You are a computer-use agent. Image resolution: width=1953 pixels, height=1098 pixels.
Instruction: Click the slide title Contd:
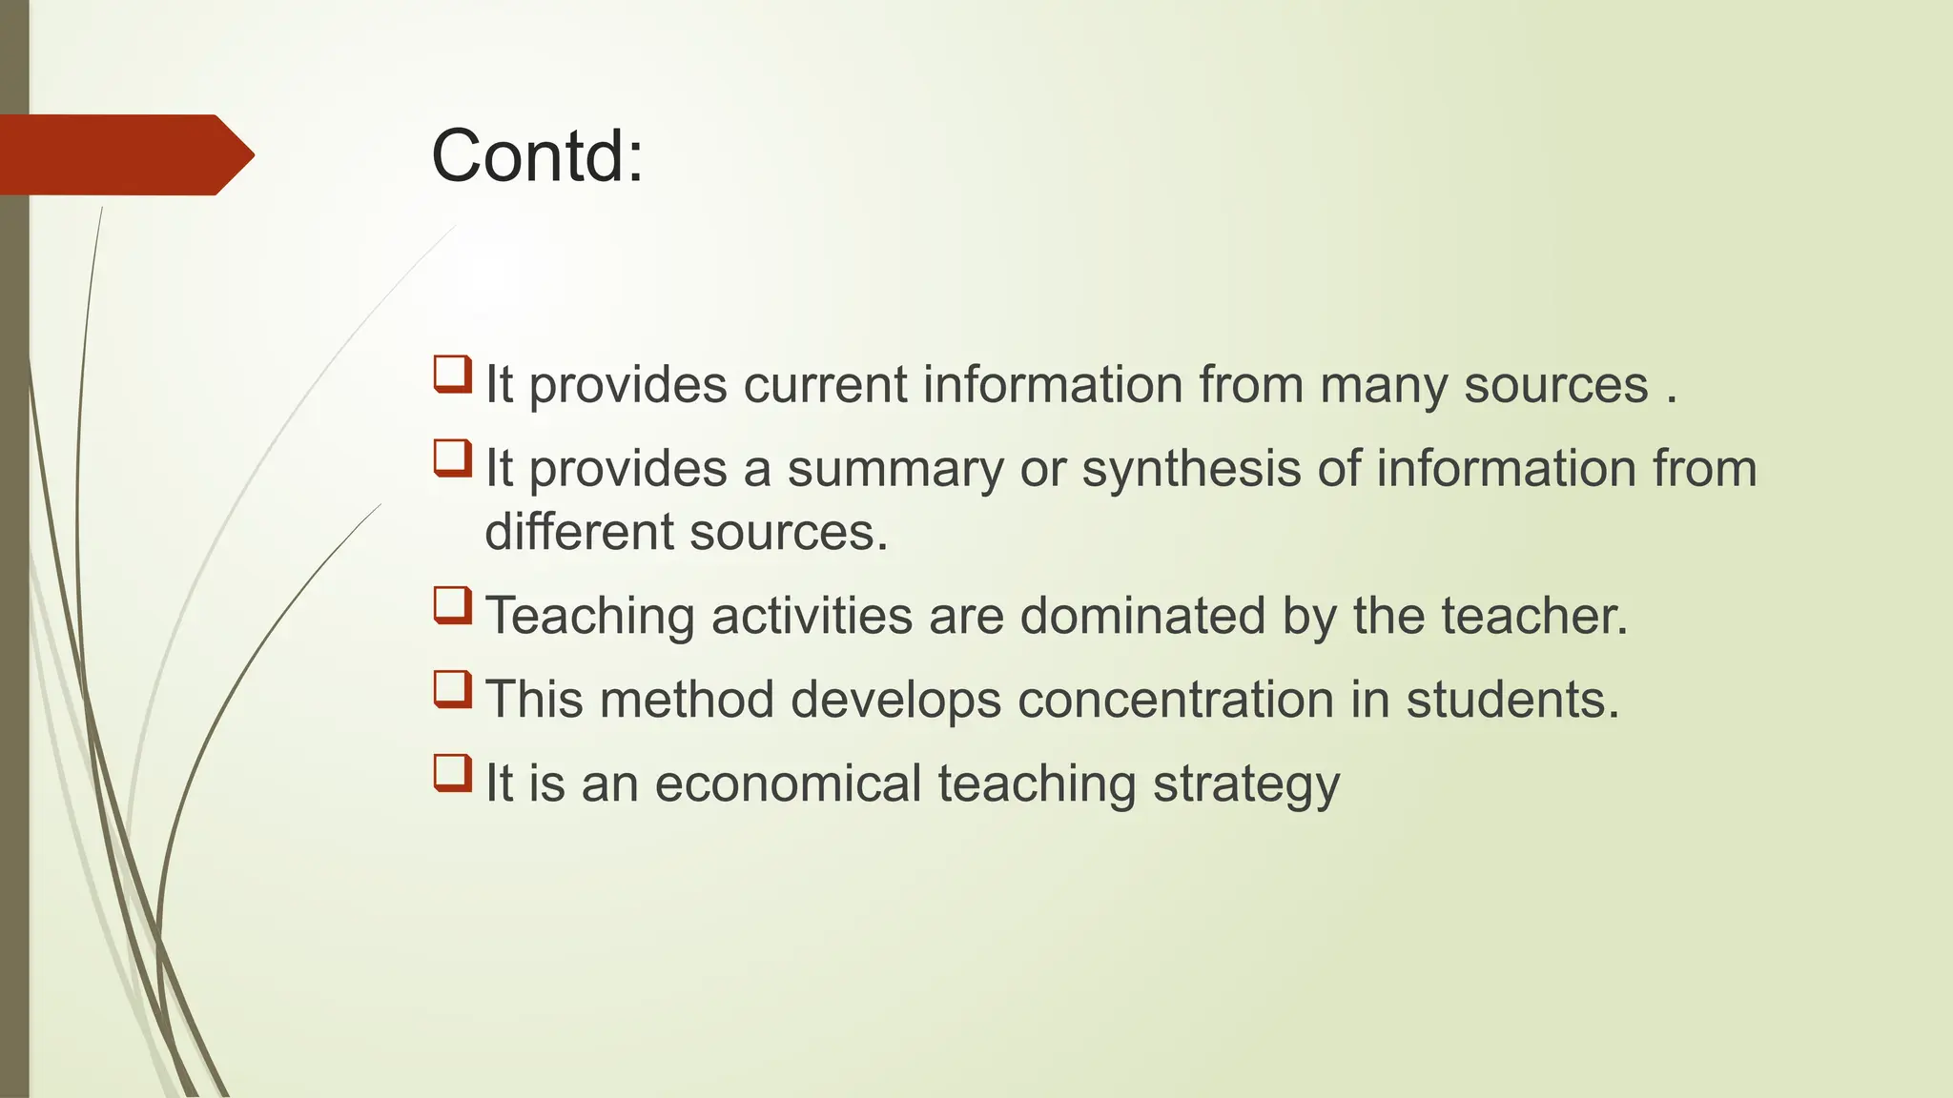point(537,156)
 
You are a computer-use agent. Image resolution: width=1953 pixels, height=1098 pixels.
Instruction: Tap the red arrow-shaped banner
point(124,154)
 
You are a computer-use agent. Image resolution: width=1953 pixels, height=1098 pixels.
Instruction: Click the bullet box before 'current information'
point(453,374)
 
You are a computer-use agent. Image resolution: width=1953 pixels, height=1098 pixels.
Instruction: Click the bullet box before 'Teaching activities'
point(453,605)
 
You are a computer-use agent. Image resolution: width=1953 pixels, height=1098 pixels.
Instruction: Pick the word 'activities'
point(812,616)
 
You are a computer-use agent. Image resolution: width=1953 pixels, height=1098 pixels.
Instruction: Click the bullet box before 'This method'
point(453,689)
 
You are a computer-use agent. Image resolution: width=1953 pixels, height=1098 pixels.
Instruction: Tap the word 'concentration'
point(1175,700)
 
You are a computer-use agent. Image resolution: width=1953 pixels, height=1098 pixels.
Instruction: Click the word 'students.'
point(1512,700)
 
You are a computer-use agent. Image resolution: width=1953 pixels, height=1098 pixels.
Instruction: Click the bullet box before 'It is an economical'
point(453,773)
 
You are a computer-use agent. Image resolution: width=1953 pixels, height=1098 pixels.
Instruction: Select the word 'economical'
point(788,783)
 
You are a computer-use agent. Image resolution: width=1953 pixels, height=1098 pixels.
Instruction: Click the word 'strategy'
point(1245,785)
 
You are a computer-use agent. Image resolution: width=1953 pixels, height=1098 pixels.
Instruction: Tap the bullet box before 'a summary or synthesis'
point(453,457)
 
